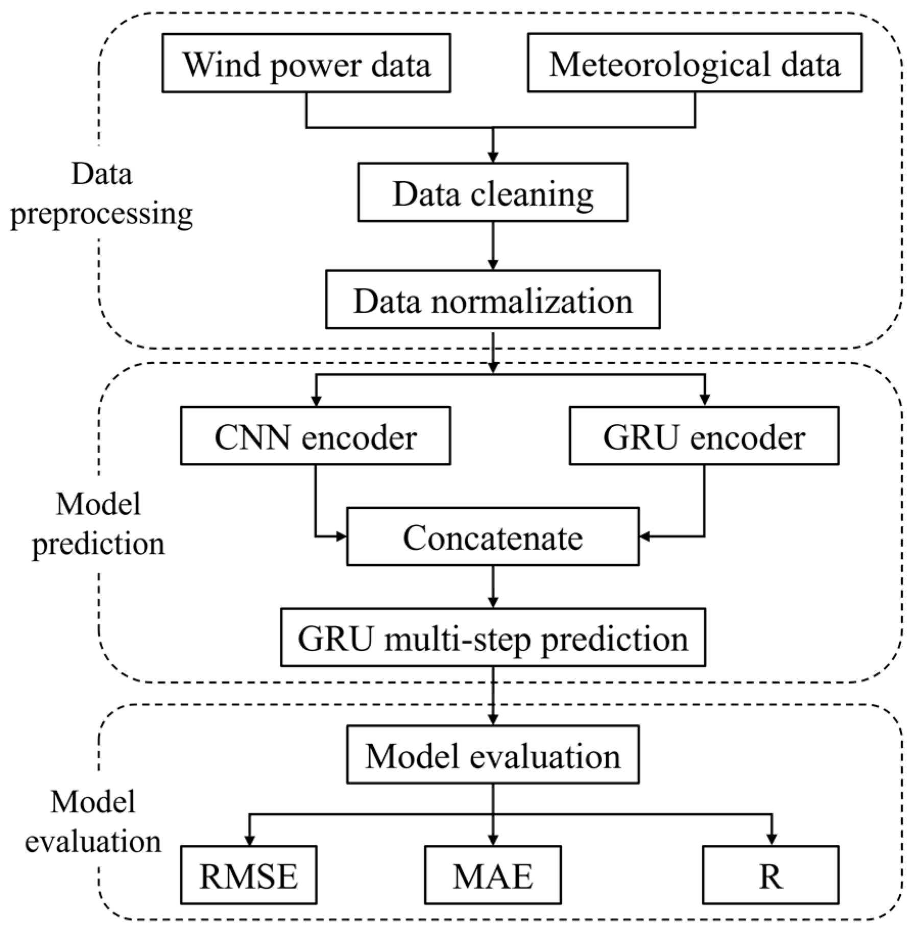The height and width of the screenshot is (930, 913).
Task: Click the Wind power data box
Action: click(x=306, y=63)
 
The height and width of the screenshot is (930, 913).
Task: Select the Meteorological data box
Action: click(x=694, y=63)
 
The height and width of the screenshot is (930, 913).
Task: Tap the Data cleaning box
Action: click(x=493, y=192)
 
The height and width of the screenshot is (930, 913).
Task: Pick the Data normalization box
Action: click(x=493, y=300)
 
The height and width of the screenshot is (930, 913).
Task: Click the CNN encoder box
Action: click(x=315, y=436)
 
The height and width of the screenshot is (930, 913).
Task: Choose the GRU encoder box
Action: click(x=704, y=436)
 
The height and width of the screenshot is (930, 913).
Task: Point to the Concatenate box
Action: click(x=493, y=536)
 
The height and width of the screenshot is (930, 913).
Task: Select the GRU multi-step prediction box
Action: click(x=493, y=637)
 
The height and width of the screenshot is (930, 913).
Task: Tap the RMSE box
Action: click(x=249, y=875)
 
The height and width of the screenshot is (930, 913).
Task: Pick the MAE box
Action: click(x=493, y=875)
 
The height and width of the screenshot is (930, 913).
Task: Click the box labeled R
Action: click(x=771, y=875)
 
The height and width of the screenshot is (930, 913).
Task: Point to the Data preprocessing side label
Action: click(x=101, y=194)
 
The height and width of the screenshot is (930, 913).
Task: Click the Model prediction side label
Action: click(x=98, y=524)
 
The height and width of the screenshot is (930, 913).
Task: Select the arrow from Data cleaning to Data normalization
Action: click(x=493, y=246)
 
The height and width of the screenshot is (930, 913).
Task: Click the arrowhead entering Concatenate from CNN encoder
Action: click(x=341, y=536)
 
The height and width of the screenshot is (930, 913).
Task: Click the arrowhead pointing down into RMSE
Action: click(x=249, y=839)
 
